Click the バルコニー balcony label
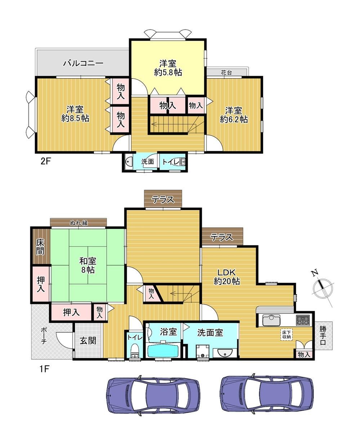(x=83, y=63)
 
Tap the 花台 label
(x=226, y=73)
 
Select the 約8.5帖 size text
(x=75, y=118)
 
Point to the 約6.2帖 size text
(x=234, y=120)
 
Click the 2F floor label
(x=45, y=161)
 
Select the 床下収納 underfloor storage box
(x=286, y=334)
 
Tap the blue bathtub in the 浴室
(x=163, y=350)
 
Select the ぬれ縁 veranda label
(x=79, y=223)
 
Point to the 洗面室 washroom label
(x=210, y=333)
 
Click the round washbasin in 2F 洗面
(x=128, y=161)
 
